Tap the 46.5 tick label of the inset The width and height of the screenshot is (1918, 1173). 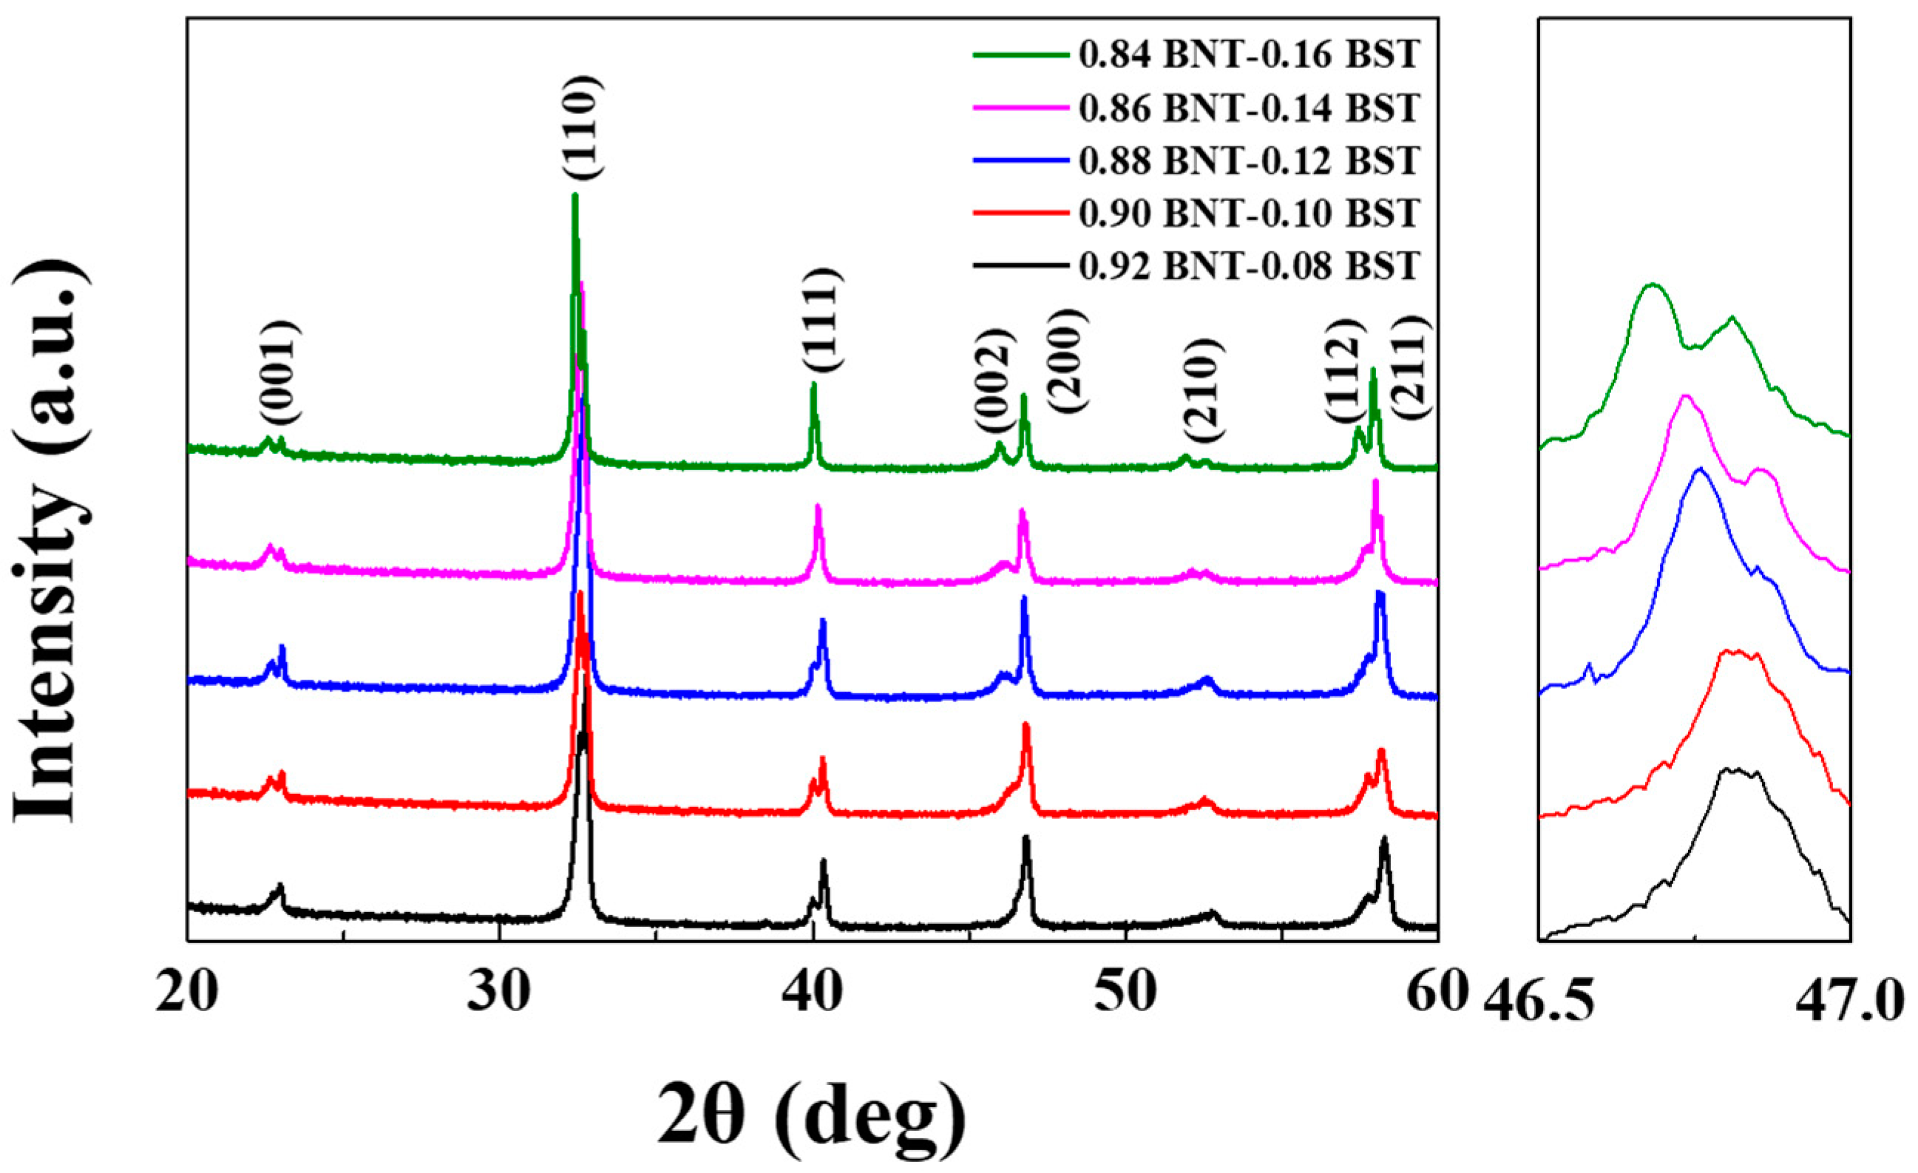tap(1538, 1003)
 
